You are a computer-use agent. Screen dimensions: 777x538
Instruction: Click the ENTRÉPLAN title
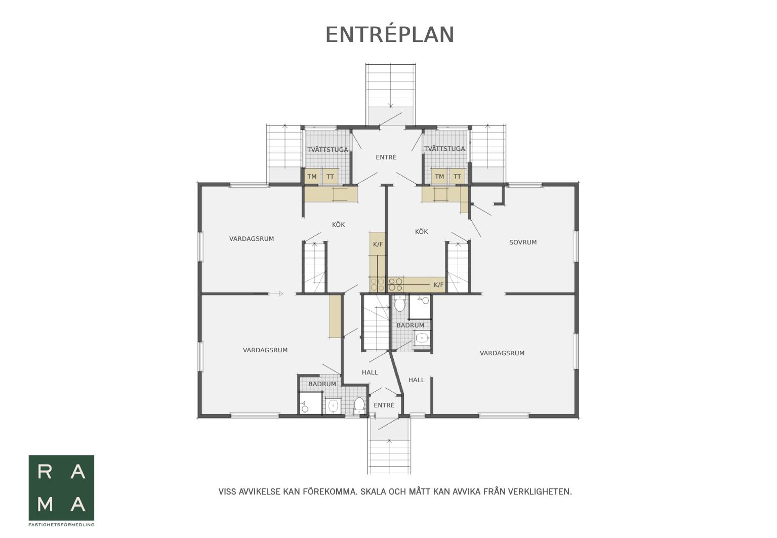390,34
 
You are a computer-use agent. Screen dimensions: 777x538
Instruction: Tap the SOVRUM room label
523,242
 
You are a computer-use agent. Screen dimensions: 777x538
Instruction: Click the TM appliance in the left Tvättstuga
312,176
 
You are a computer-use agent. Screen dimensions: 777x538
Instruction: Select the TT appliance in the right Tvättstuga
457,176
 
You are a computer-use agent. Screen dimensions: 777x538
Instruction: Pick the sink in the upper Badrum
422,338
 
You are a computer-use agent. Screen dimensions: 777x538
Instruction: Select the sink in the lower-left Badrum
333,405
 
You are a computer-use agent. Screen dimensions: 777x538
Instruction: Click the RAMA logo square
61,487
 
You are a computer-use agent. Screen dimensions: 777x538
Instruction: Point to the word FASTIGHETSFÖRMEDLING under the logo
61,525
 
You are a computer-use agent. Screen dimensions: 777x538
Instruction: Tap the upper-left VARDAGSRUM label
252,239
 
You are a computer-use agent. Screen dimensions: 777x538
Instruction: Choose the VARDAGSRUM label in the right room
502,353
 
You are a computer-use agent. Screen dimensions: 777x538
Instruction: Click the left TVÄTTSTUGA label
328,149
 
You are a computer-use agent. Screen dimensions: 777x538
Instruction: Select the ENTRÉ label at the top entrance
386,157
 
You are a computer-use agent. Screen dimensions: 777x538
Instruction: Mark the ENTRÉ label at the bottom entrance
384,405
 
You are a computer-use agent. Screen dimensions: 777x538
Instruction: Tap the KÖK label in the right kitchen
422,231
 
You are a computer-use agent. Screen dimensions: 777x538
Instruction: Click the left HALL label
370,372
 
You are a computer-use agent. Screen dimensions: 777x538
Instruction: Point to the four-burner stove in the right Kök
395,284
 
